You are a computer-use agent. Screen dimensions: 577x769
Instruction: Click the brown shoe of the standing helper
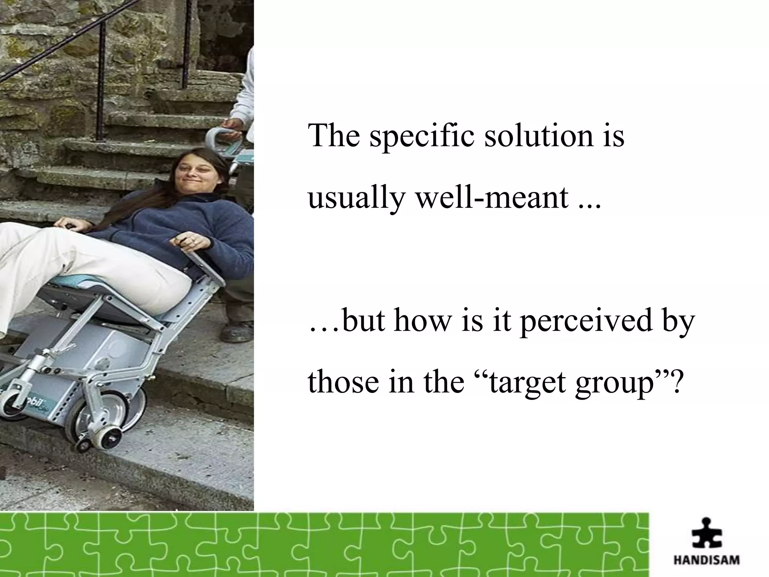pyautogui.click(x=237, y=331)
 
